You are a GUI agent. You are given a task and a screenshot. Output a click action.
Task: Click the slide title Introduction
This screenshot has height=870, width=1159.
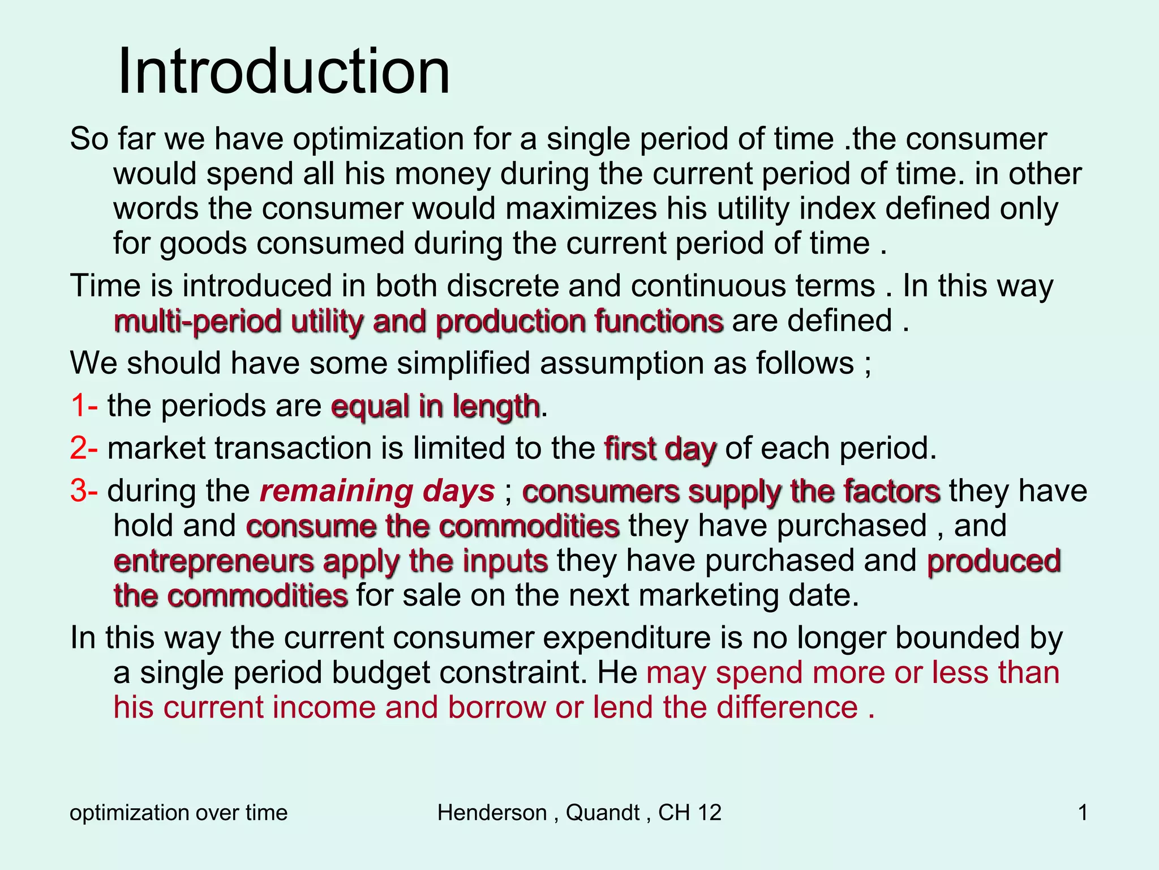tap(284, 72)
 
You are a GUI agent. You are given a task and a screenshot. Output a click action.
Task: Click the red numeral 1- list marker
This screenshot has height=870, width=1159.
tap(84, 406)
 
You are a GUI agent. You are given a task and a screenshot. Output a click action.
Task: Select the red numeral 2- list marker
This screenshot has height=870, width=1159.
tap(84, 449)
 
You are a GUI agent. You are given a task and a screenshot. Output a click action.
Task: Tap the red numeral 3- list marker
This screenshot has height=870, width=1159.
tap(84, 491)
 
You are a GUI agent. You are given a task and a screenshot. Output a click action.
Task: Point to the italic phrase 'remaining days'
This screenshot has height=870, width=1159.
tap(377, 492)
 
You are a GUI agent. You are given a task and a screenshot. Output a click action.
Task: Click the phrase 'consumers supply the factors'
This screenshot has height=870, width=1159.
tap(731, 492)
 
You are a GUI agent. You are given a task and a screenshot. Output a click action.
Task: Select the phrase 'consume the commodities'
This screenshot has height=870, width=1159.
tap(433, 527)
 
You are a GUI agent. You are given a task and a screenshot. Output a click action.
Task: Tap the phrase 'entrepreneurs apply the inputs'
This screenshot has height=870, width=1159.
tap(330, 562)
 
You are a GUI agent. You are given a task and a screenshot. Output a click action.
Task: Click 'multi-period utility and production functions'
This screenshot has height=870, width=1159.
tap(418, 322)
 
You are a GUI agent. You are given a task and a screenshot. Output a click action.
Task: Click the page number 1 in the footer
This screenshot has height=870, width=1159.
tap(1083, 813)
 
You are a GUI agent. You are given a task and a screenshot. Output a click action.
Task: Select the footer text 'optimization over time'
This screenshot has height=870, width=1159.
tap(179, 813)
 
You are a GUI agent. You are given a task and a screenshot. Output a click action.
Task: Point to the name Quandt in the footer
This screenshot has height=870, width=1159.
tap(603, 813)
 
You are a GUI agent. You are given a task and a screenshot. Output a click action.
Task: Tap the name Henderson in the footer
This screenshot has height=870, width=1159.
tap(492, 813)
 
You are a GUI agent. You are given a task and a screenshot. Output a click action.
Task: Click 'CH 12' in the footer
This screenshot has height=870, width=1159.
tap(690, 813)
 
